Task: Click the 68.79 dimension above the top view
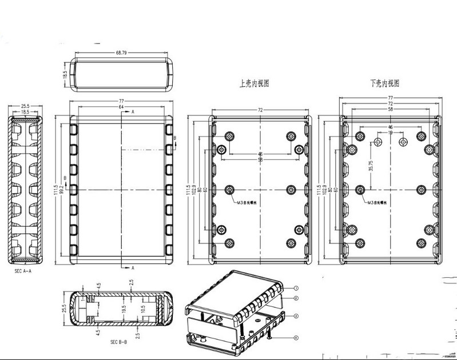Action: pos(121,53)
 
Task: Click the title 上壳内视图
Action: pos(253,83)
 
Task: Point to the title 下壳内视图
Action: pos(384,83)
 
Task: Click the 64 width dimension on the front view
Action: pos(121,107)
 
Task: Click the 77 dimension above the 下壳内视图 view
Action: pos(391,99)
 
